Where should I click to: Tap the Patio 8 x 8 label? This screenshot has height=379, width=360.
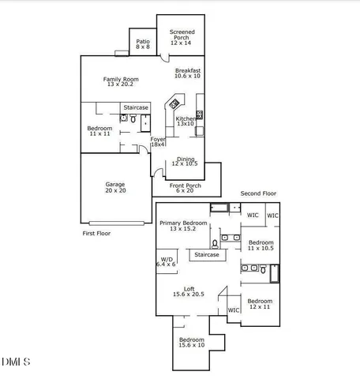[x=142, y=44]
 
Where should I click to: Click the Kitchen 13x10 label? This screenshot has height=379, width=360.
[x=186, y=121]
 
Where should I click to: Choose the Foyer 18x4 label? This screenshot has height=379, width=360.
[x=158, y=141]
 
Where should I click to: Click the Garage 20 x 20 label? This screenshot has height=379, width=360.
[x=115, y=187]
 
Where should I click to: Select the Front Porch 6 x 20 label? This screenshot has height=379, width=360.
[x=186, y=188]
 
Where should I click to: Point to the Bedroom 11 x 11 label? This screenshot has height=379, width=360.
[x=99, y=132]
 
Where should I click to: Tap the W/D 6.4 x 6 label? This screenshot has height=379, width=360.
[x=166, y=261]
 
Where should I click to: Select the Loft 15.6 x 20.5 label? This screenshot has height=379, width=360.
[x=189, y=291]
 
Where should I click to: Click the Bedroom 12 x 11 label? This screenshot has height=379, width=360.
[x=260, y=304]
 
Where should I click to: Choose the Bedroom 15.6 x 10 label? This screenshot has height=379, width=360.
[x=192, y=342]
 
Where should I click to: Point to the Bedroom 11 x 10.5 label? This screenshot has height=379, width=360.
[x=261, y=245]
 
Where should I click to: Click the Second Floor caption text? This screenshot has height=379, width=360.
[x=258, y=193]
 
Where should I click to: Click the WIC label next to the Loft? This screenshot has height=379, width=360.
[x=234, y=310]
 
